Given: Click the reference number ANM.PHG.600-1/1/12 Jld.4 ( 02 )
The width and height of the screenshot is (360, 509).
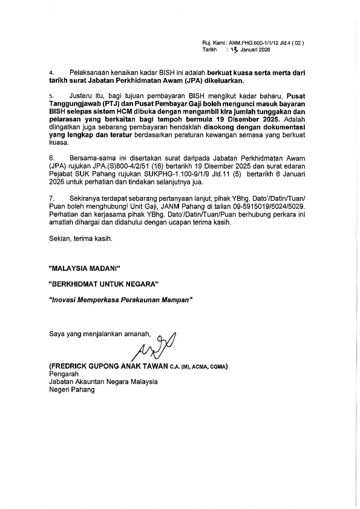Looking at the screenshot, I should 266,44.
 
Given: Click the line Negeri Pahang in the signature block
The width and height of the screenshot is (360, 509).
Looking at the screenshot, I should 71,389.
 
